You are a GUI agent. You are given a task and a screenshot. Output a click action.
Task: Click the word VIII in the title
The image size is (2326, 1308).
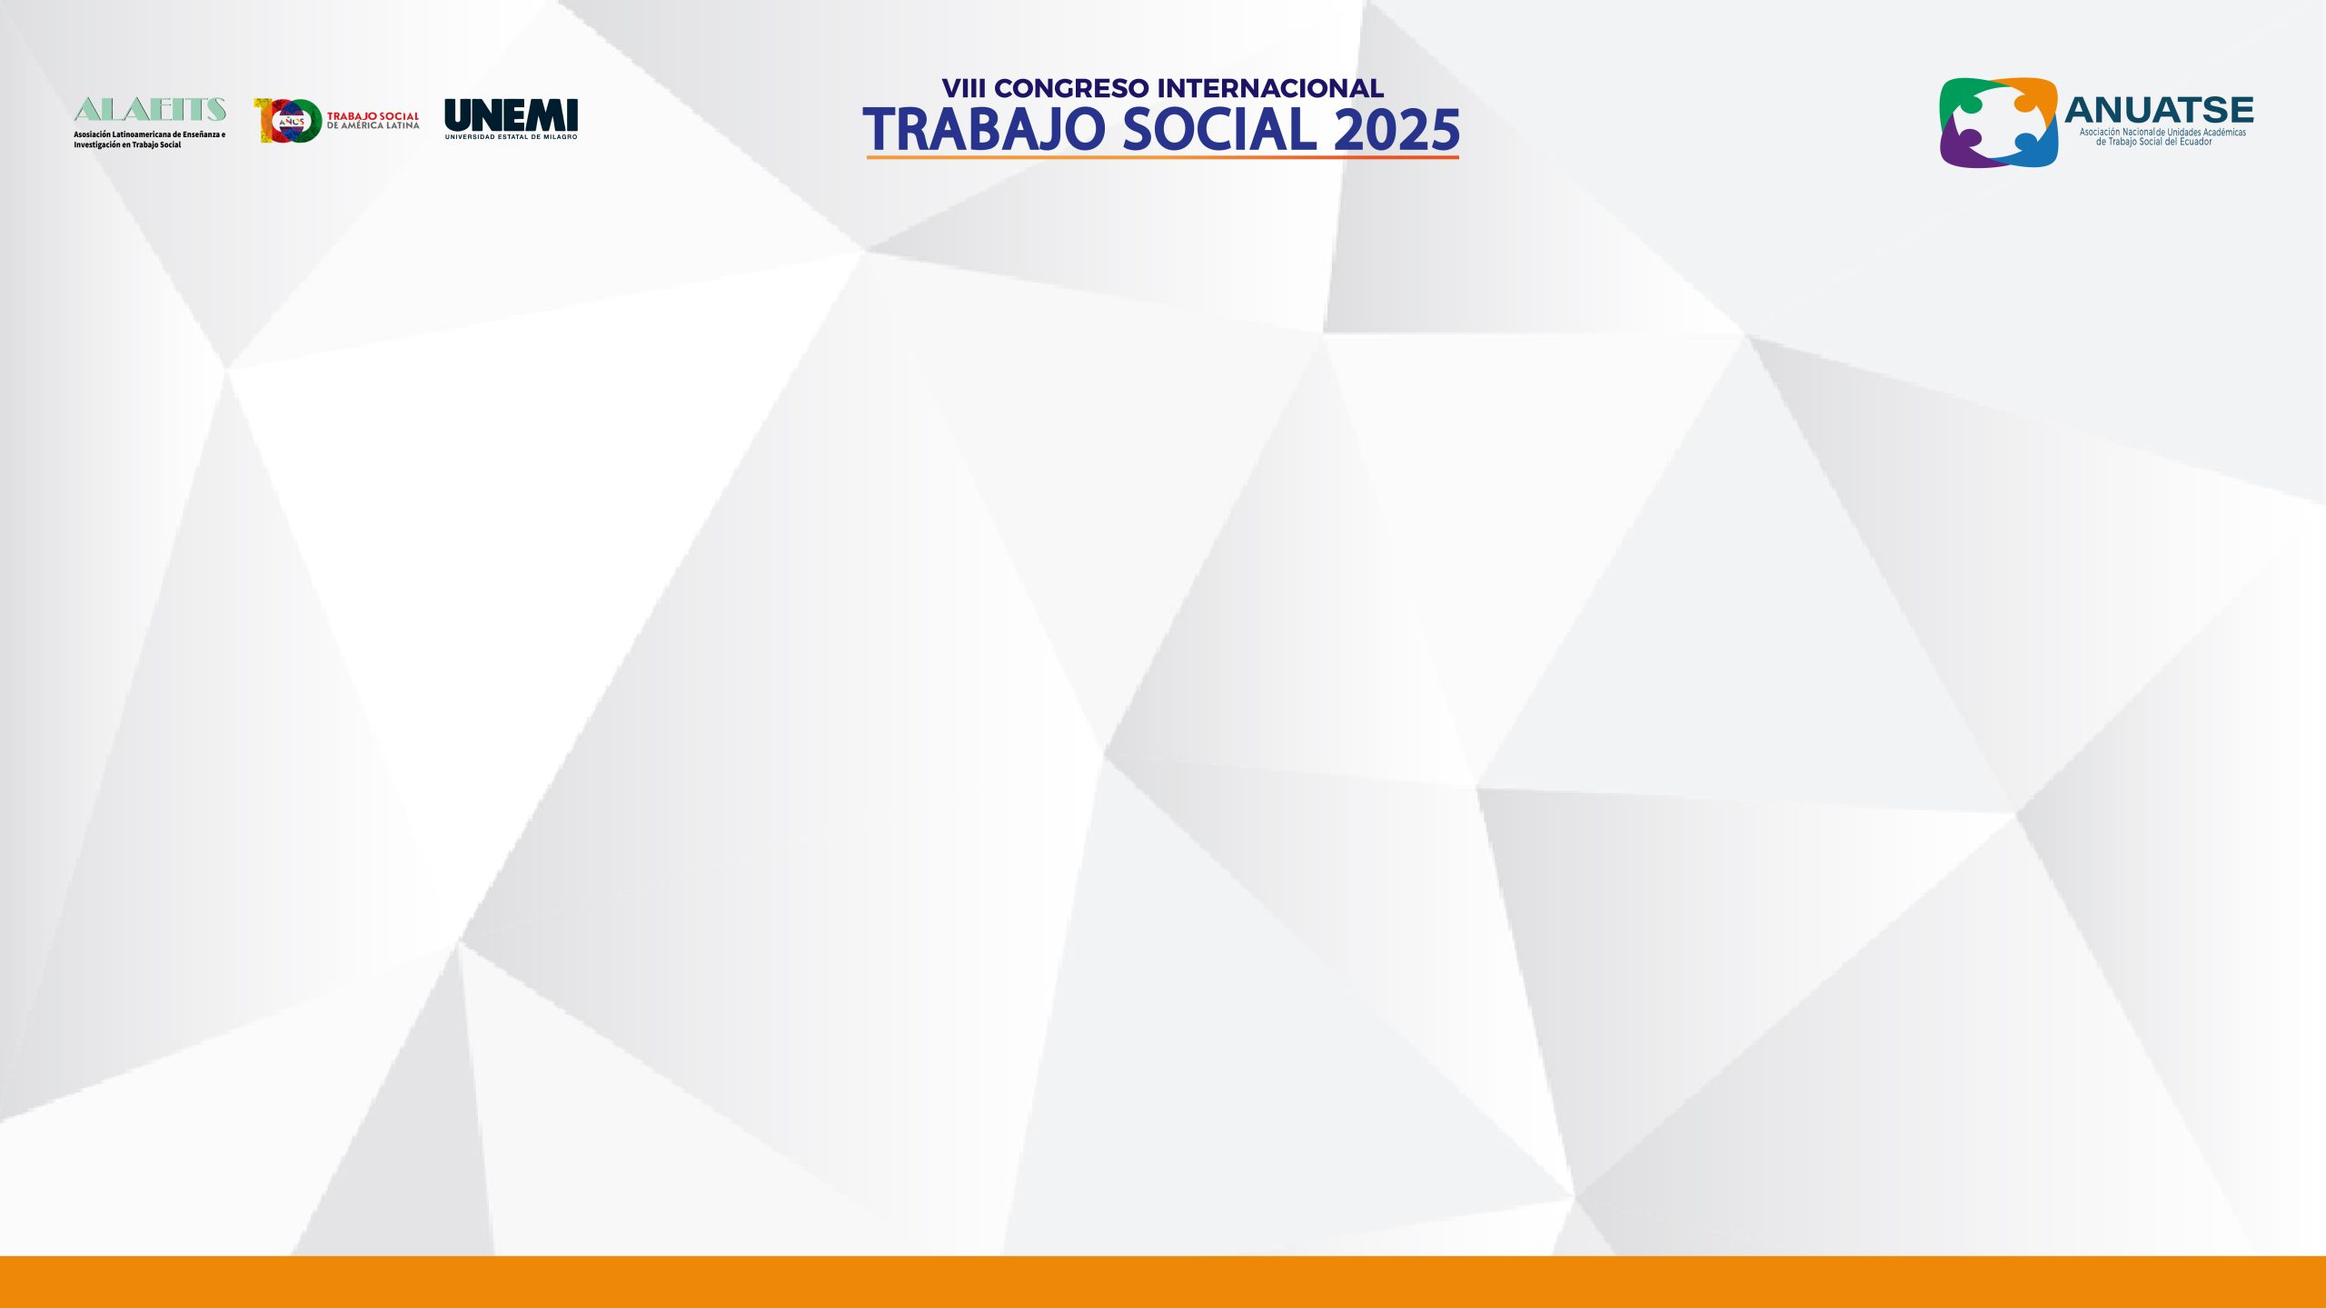(x=964, y=89)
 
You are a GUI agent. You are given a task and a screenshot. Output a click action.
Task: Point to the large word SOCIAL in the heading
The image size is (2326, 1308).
(x=1220, y=129)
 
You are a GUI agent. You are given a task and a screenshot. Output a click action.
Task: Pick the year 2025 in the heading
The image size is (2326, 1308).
(x=1397, y=129)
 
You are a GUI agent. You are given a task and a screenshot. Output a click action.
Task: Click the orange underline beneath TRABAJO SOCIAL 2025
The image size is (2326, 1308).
(x=1162, y=157)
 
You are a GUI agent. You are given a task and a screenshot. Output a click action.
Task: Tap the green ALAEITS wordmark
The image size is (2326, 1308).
(x=150, y=110)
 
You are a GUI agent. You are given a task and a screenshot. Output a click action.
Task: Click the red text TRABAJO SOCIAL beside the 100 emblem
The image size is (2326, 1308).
(x=373, y=116)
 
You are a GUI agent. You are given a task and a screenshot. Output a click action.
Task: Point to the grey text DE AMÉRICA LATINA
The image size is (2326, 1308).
(x=373, y=125)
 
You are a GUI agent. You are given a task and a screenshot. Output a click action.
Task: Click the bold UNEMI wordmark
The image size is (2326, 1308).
(x=511, y=114)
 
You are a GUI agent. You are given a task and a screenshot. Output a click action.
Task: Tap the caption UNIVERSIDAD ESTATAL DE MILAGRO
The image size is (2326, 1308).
(x=511, y=137)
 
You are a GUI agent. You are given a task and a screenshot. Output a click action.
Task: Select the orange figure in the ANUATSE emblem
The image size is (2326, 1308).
(x=2031, y=100)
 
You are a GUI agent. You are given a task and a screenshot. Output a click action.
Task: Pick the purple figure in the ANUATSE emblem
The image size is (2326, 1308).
(x=1967, y=145)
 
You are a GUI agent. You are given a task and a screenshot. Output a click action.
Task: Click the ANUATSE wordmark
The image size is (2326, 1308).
(x=2159, y=110)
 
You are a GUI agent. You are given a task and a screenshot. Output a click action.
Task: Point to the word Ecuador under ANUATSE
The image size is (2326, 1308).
(x=2193, y=142)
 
